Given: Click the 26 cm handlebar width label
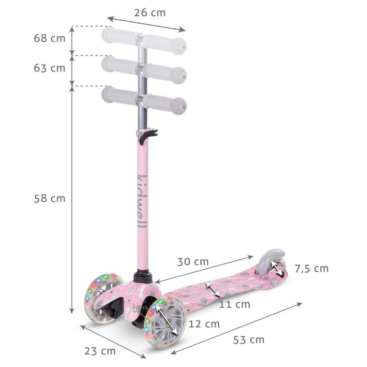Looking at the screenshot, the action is [x=150, y=13].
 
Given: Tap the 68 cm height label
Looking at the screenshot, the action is [x=50, y=38].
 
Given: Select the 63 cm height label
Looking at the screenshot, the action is [x=50, y=68].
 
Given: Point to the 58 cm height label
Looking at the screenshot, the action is [x=50, y=198].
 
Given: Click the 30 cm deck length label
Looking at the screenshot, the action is [x=193, y=262].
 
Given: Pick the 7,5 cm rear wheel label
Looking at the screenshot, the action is [x=311, y=268].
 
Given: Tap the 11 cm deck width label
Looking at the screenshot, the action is [x=235, y=304].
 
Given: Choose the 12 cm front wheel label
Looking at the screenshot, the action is [x=204, y=324].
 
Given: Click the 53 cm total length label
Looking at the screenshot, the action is [x=249, y=340].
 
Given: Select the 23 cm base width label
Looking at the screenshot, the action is [x=100, y=351].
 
